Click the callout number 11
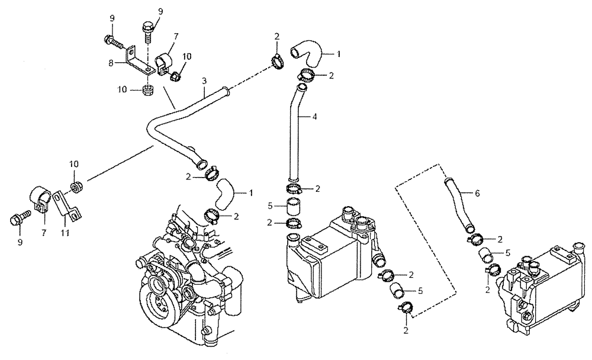65,233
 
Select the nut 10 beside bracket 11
76,188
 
